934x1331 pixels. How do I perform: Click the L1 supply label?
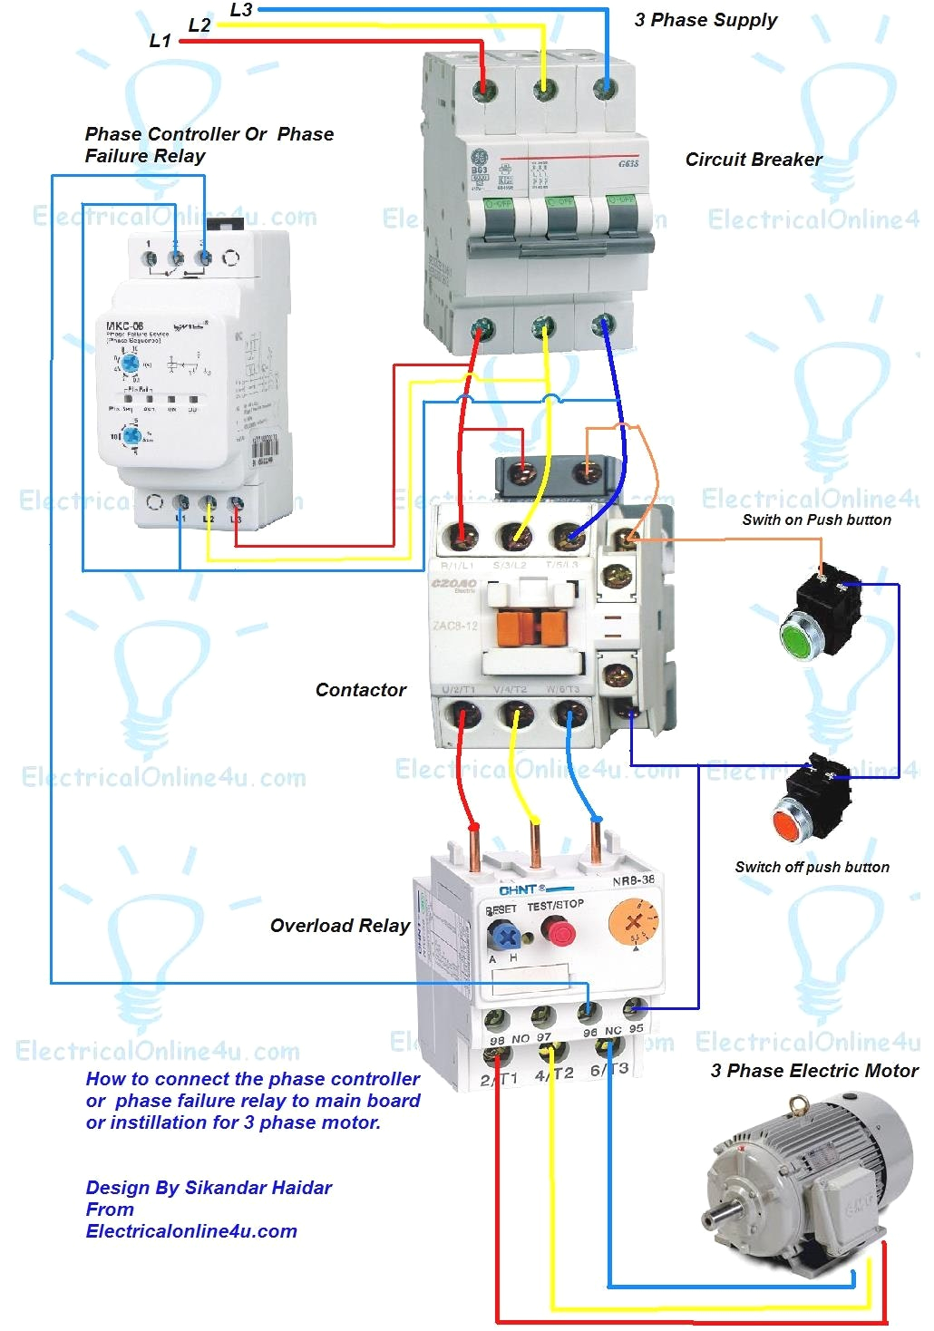point(160,41)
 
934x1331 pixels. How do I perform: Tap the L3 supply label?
point(241,10)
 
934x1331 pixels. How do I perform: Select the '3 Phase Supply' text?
point(705,20)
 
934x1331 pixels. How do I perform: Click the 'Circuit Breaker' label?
point(754,160)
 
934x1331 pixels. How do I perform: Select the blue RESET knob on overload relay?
point(503,935)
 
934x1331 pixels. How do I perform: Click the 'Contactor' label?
point(361,690)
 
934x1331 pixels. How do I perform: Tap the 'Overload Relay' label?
point(340,926)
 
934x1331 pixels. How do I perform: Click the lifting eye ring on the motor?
point(798,1105)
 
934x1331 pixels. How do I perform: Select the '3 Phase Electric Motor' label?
point(814,1071)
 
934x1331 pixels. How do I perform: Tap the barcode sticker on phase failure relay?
point(263,450)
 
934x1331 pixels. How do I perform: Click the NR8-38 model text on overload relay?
point(633,880)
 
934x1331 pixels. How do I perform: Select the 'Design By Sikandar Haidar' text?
point(209,1188)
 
